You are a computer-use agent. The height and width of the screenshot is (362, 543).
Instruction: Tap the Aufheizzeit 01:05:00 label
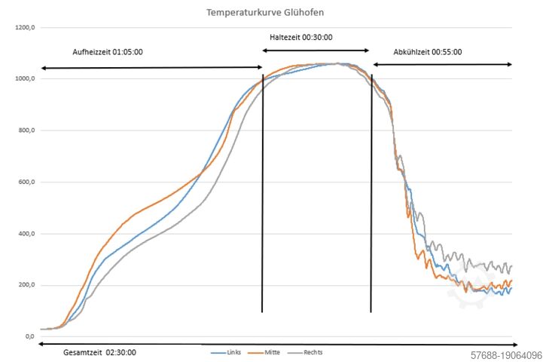tap(107, 52)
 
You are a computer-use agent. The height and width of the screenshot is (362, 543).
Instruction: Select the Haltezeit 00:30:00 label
tap(301, 37)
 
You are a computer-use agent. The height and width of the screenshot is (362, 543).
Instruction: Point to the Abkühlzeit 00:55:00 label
tap(428, 52)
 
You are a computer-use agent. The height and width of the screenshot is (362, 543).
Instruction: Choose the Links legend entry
tap(224, 352)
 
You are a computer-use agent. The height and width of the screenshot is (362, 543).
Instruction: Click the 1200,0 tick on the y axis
tap(25, 28)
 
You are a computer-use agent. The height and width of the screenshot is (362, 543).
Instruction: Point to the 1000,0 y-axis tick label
tap(25, 79)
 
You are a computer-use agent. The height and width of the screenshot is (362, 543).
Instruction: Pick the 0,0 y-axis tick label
tap(29, 336)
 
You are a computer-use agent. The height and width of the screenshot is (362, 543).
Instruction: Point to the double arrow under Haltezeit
tap(316, 51)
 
